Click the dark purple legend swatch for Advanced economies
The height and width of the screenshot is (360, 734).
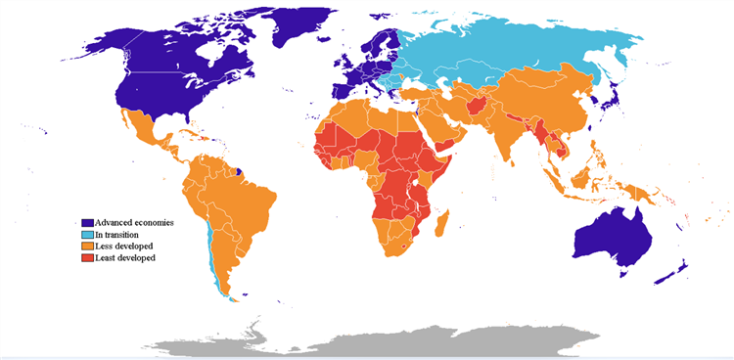coord(88,223)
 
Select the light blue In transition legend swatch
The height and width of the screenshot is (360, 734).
coord(88,235)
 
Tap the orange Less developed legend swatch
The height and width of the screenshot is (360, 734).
coord(88,247)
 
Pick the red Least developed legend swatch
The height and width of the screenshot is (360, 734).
coord(88,258)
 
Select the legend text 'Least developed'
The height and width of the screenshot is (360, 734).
coord(125,258)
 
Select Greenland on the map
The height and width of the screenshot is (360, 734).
coord(294,29)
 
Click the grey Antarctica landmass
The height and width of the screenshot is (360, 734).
coord(391,342)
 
